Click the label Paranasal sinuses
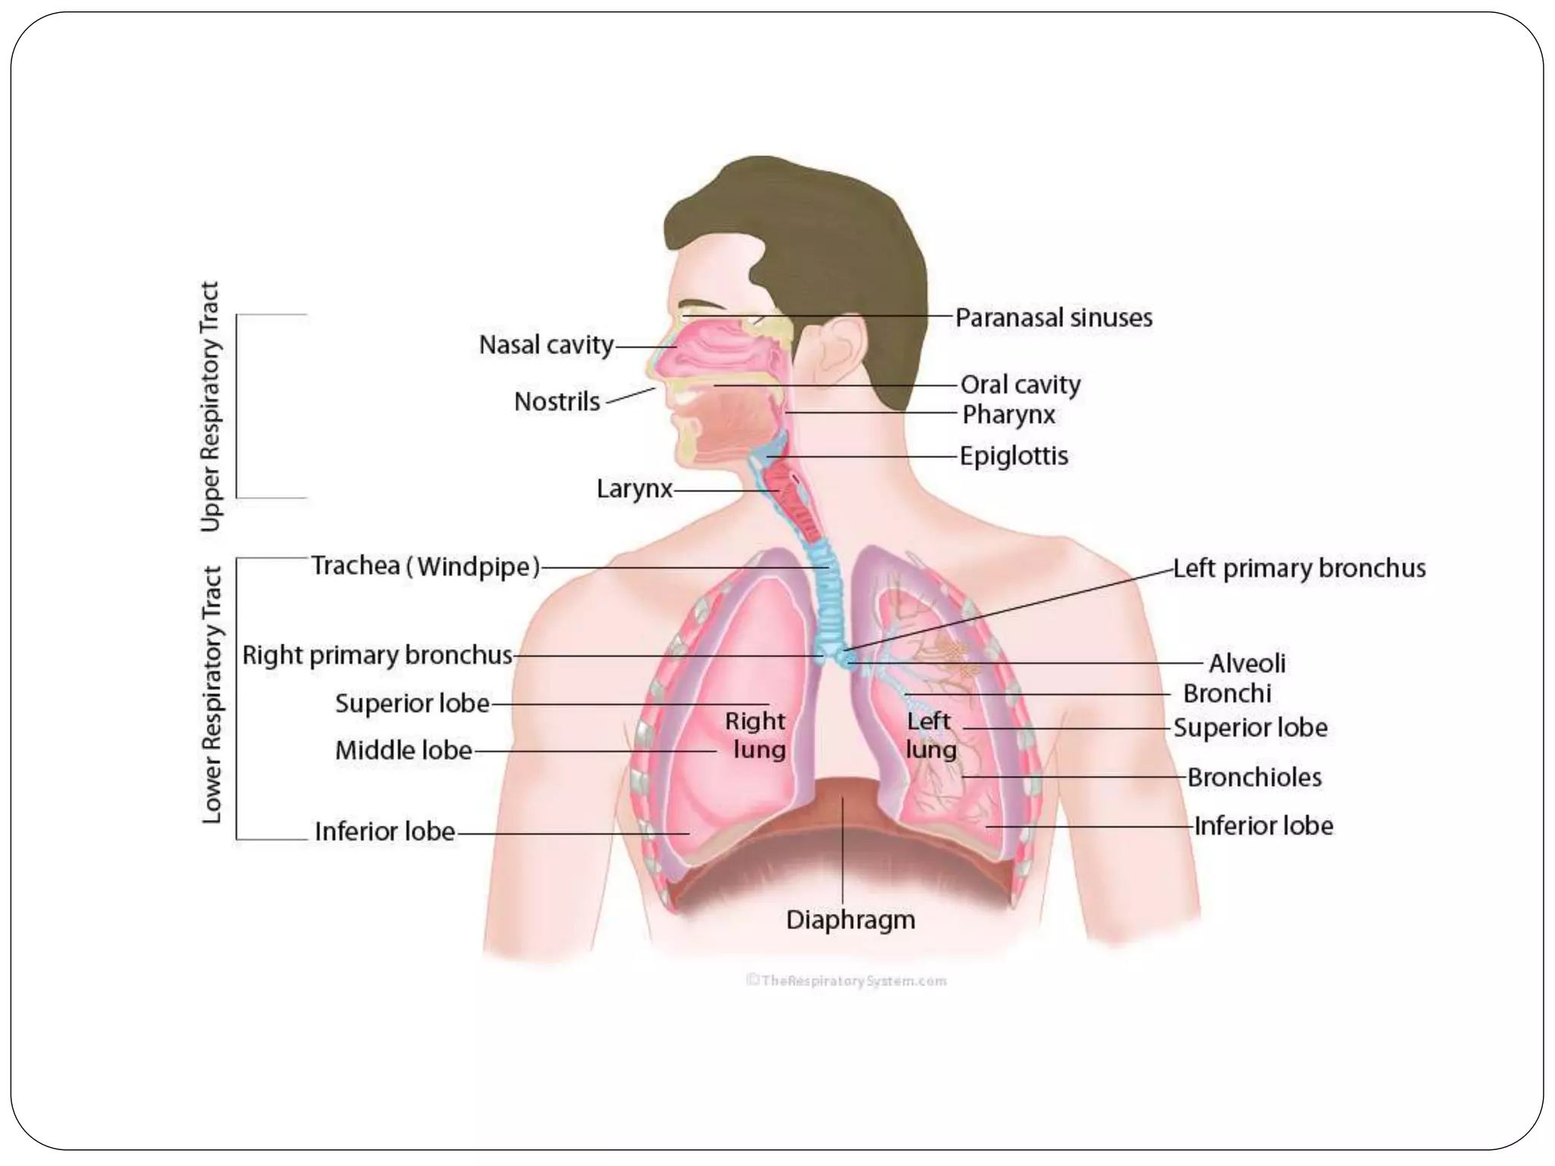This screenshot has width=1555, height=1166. pyautogui.click(x=1053, y=318)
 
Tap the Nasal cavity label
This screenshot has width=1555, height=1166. pyautogui.click(x=546, y=345)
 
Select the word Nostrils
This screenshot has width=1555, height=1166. pyautogui.click(x=557, y=402)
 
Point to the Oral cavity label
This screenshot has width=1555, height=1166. pyautogui.click(x=1020, y=385)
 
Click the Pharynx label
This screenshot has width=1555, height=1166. pyautogui.click(x=1008, y=415)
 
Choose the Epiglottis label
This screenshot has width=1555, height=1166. pyautogui.click(x=1014, y=456)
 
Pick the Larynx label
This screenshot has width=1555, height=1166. pyautogui.click(x=634, y=489)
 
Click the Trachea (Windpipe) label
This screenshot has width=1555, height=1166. pyautogui.click(x=425, y=566)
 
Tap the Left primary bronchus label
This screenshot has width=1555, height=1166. pyautogui.click(x=1299, y=569)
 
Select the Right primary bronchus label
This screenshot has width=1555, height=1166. pyautogui.click(x=377, y=655)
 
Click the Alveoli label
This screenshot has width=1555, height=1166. pyautogui.click(x=1247, y=663)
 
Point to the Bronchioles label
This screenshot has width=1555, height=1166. pyautogui.click(x=1254, y=777)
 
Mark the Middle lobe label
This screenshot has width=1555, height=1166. pyautogui.click(x=403, y=751)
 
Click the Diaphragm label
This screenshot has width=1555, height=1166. pyautogui.click(x=850, y=920)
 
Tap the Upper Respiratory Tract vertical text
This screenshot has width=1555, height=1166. pyautogui.click(x=210, y=407)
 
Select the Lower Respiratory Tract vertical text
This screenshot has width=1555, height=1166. pyautogui.click(x=212, y=695)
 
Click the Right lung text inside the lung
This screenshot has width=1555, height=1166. pyautogui.click(x=756, y=735)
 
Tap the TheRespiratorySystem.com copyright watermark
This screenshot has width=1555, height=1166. pyautogui.click(x=846, y=981)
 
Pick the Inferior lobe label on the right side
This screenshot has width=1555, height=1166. pyautogui.click(x=1263, y=826)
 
